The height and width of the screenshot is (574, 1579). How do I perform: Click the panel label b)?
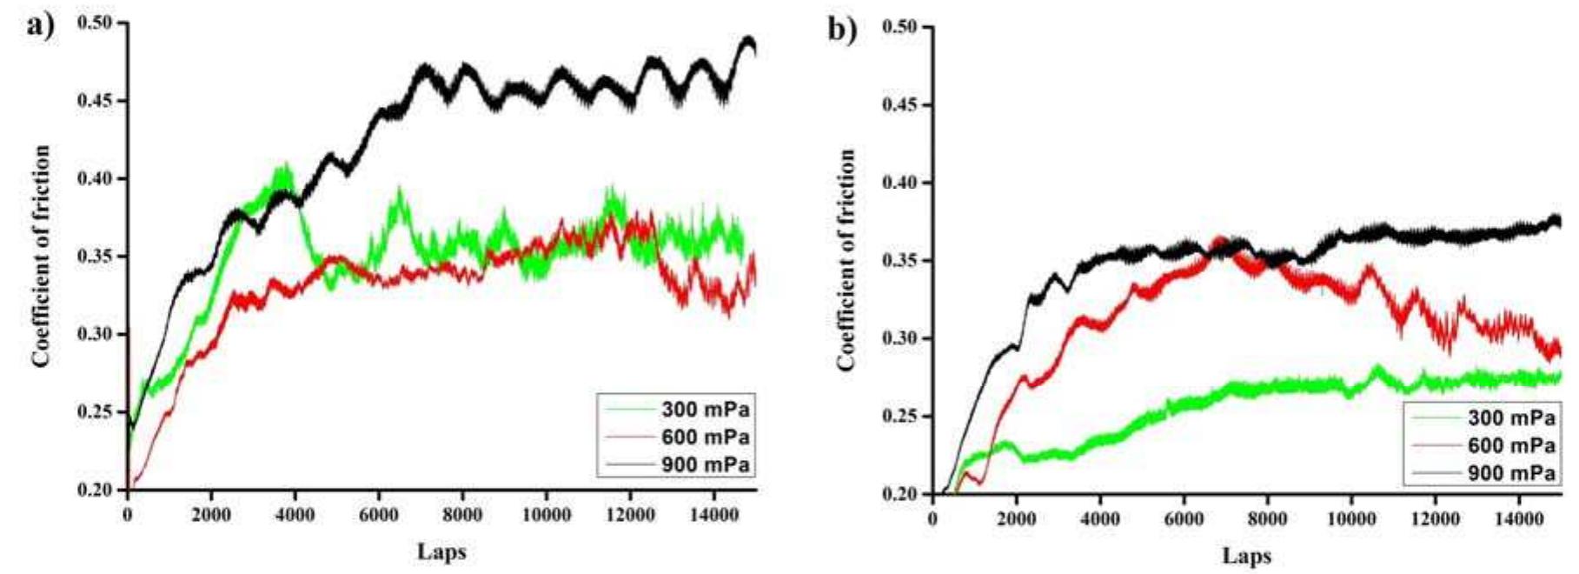[x=841, y=30]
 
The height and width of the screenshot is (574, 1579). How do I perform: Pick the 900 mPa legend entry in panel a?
[x=705, y=465]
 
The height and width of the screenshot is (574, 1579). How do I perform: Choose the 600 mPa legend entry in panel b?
[x=1510, y=445]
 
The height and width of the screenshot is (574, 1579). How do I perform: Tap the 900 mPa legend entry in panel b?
[x=1510, y=473]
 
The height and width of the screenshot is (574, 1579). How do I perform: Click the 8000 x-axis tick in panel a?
[x=462, y=515]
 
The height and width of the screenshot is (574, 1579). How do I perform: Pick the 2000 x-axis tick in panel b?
[x=1016, y=519]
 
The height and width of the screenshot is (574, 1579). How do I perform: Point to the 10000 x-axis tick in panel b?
[x=1350, y=519]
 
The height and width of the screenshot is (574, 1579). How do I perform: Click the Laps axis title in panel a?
[x=441, y=551]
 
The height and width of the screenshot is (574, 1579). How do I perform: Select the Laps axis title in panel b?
[x=1246, y=556]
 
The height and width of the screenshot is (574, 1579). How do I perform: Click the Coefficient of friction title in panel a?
[x=41, y=257]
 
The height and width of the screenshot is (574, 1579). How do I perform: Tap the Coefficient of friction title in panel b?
[x=846, y=260]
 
